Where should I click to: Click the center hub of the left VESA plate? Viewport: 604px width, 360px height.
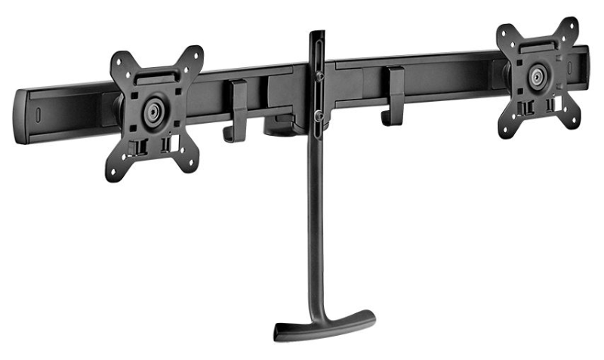(154, 110)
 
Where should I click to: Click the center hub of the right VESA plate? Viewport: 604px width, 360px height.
(538, 75)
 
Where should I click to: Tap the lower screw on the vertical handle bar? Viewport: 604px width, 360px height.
(319, 115)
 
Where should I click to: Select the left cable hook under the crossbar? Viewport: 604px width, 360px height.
(237, 113)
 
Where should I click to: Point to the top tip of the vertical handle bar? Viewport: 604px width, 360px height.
(317, 34)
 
